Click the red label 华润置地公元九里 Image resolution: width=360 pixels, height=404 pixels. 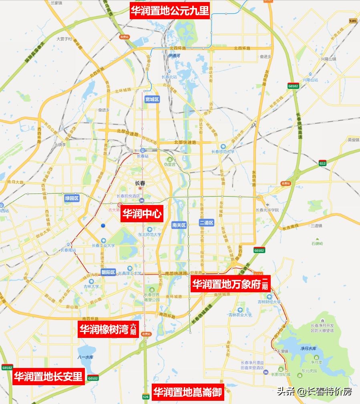170,11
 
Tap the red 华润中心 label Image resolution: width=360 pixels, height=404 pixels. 142,215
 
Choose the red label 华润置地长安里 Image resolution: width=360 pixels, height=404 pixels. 48,377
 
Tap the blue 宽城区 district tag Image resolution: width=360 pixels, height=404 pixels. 152,99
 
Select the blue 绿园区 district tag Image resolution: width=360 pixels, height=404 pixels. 72,198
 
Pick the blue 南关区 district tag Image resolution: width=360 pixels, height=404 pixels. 179,225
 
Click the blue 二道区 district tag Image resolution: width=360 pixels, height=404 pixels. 207,223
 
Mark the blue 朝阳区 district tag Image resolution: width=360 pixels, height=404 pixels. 108,272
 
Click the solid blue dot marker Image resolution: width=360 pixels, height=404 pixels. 103,226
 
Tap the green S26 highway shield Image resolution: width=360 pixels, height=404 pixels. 146,397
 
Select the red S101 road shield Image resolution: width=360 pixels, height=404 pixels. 353,20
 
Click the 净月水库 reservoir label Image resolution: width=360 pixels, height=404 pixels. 308,349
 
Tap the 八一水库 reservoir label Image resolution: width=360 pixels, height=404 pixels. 85,357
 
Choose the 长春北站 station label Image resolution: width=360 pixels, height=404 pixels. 169,77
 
